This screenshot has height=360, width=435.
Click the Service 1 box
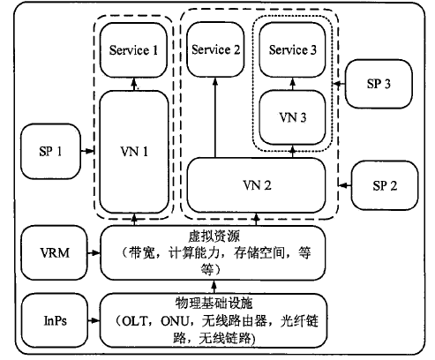(133, 50)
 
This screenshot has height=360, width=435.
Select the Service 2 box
(215, 49)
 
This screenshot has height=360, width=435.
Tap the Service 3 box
(292, 50)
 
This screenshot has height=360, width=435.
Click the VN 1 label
(134, 152)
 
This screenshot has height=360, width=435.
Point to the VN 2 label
(257, 185)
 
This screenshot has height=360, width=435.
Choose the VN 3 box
(292, 117)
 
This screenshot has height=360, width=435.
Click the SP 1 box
(50, 152)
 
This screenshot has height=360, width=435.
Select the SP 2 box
(385, 185)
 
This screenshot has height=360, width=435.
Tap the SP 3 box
(379, 84)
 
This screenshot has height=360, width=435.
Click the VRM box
(55, 252)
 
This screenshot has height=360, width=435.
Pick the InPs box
(55, 320)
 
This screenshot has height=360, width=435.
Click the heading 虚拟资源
(214, 236)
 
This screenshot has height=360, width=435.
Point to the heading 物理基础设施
(214, 303)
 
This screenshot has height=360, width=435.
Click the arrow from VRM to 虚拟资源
(94, 252)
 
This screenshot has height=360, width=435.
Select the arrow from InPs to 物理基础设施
(94, 320)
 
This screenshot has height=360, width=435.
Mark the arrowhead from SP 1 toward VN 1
(90, 151)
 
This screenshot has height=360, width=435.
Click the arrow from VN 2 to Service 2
(215, 117)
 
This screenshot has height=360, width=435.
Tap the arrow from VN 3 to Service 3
(293, 84)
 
